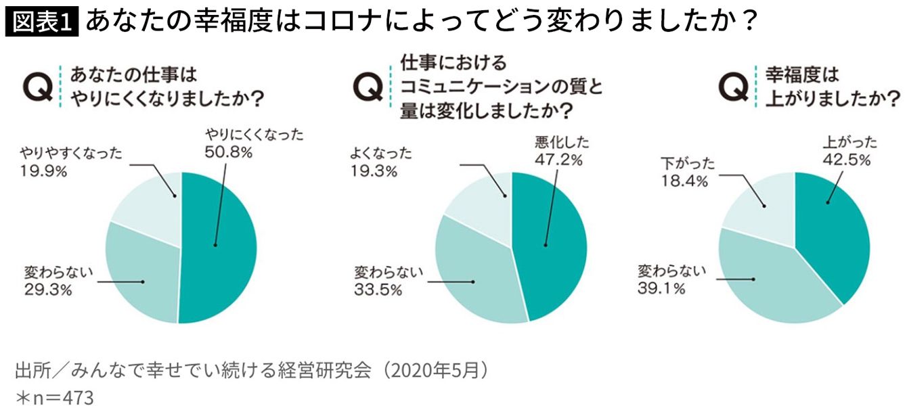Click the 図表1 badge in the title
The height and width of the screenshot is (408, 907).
pos(42,22)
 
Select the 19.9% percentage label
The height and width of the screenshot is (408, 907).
pos(43,172)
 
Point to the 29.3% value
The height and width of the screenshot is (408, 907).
pos(47,292)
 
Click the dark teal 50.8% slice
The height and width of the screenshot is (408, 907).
pos(220,250)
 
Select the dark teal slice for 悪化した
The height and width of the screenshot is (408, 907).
pos(552,250)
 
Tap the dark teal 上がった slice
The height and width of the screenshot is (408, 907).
pos(836,230)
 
